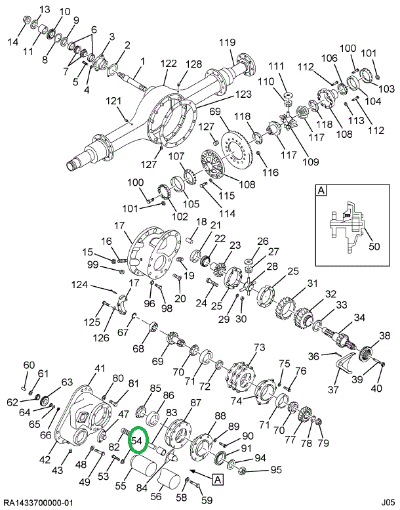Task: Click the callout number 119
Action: coord(227,43)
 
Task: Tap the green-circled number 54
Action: coord(138,442)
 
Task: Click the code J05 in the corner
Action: coord(389,502)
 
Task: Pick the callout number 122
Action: coord(169,64)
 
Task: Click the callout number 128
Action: coord(193,64)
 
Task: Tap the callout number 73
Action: coord(260,347)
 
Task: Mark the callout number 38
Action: coord(384,336)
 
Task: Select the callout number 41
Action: coord(100,368)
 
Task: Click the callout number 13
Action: coord(45,9)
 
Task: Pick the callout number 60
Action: coord(28,365)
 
